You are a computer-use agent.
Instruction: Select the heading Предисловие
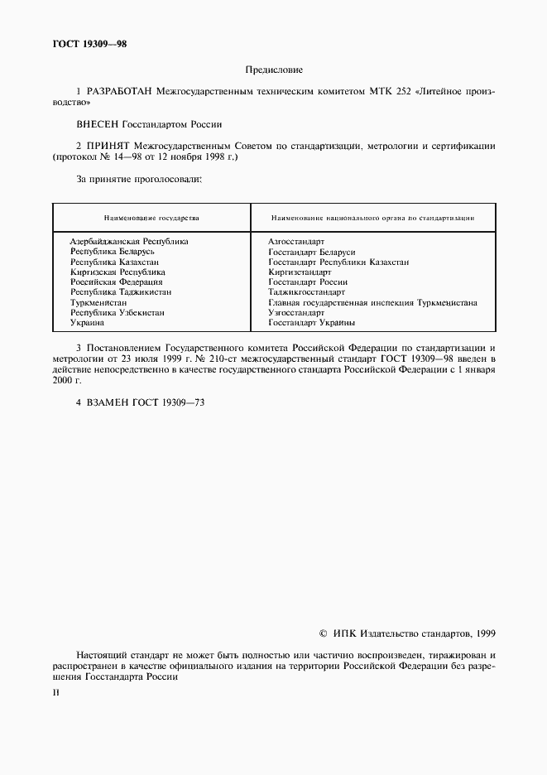point(274,70)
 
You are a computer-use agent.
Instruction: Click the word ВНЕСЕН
point(97,125)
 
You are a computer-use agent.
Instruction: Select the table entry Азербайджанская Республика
point(129,241)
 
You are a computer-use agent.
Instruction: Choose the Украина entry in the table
point(87,323)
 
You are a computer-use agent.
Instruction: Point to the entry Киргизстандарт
point(300,272)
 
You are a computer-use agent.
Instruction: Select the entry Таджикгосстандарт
point(306,292)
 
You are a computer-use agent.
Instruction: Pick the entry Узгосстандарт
point(296,313)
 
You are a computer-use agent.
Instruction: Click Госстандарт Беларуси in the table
point(311,252)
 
